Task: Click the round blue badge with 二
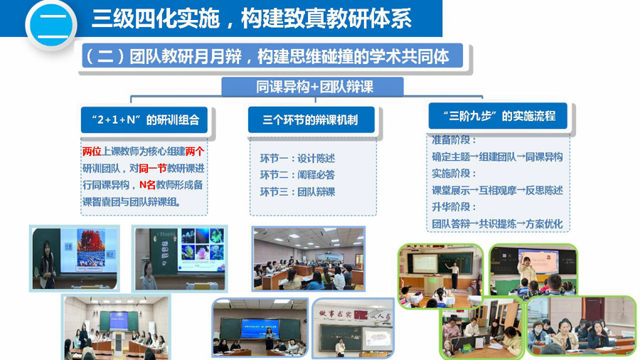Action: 51,25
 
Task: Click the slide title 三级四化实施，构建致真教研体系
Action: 252,18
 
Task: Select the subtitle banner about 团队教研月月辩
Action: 272,56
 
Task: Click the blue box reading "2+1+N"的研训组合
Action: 144,120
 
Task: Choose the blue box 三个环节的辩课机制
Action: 311,120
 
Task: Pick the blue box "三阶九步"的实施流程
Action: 498,116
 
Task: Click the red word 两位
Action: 92,152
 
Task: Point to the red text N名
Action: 147,185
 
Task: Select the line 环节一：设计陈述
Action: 297,159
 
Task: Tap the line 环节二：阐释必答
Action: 297,175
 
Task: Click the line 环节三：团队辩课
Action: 297,192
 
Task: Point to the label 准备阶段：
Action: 454,140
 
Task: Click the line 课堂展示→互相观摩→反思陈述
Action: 497,190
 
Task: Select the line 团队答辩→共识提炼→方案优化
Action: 497,223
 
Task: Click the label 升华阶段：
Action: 454,207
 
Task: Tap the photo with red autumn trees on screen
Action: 75,258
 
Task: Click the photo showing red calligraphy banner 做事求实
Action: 353,328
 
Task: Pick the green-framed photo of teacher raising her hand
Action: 533,270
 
